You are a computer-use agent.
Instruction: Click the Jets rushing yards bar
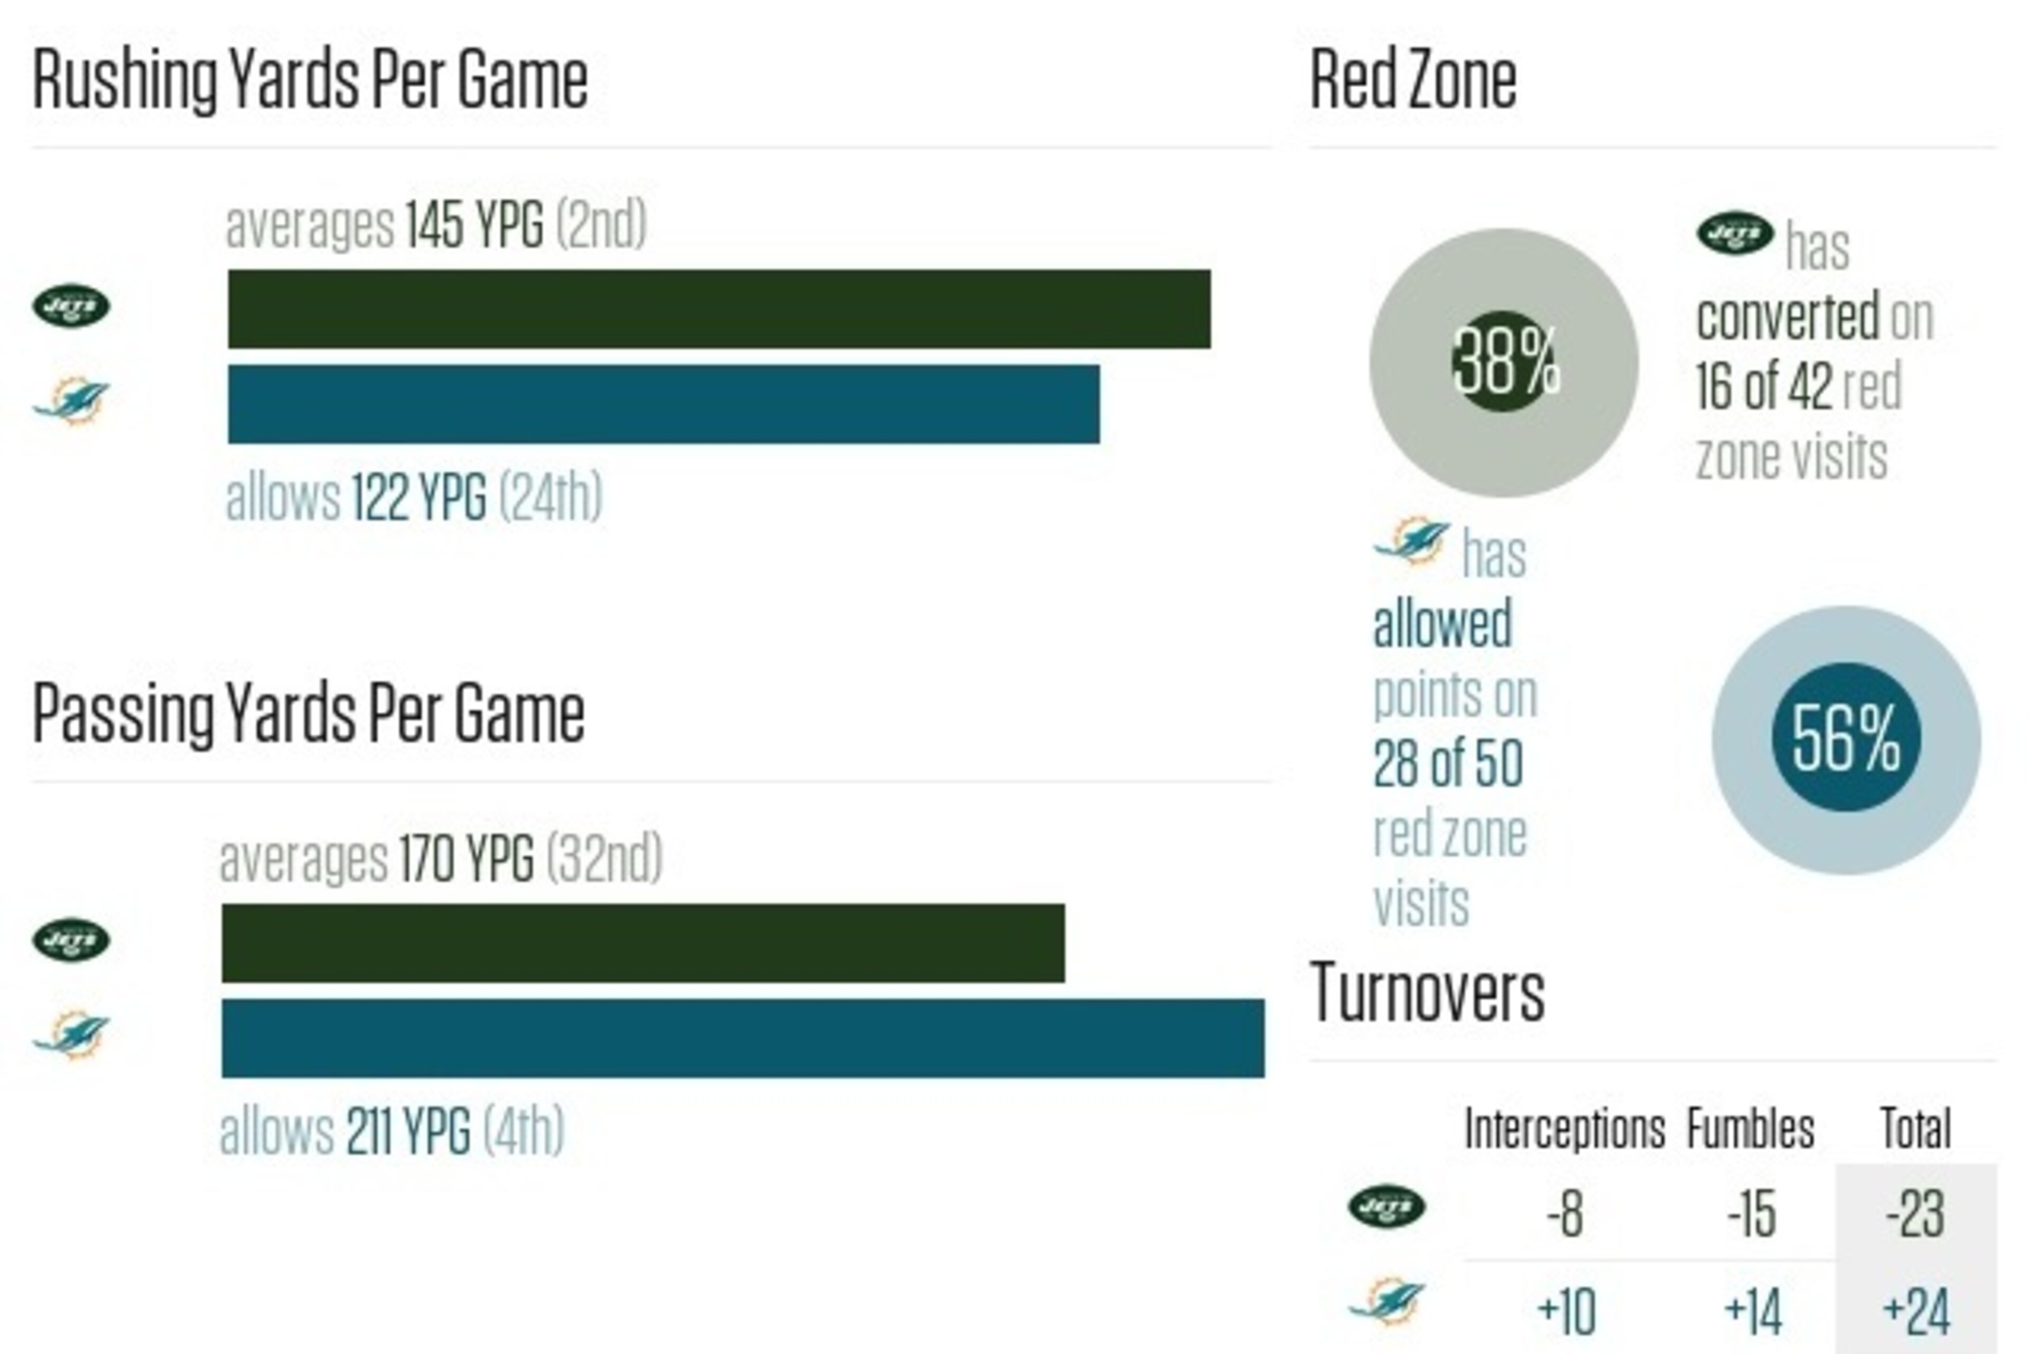[x=719, y=309]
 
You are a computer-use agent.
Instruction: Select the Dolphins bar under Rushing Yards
[x=664, y=404]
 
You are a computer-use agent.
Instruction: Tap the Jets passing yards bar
[x=643, y=943]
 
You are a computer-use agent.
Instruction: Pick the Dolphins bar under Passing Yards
[x=743, y=1038]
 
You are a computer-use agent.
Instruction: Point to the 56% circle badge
[x=1846, y=739]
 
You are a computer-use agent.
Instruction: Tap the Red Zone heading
[x=1413, y=79]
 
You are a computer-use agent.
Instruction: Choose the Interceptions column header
[x=1565, y=1129]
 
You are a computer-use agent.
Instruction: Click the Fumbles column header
[x=1750, y=1129]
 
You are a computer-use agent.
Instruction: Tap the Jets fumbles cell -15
[x=1751, y=1213]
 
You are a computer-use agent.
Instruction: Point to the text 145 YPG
[x=474, y=225]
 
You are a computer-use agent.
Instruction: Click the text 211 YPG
[x=408, y=1130]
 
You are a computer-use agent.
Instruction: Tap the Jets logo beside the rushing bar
[x=72, y=305]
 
